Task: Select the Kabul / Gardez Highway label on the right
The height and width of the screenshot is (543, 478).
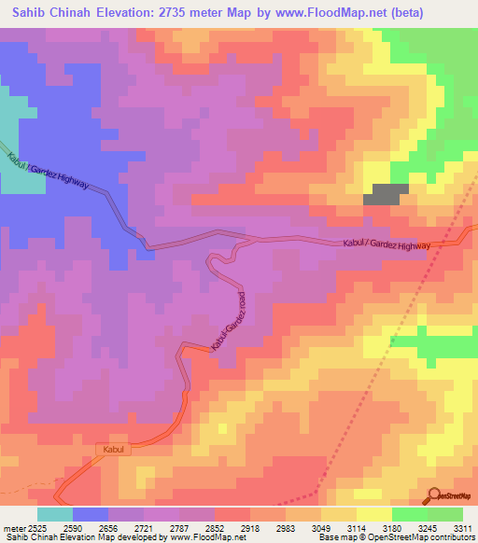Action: tap(387, 244)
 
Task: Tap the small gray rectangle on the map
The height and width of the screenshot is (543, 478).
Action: tap(386, 193)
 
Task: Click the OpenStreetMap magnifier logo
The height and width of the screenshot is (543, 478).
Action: tap(436, 496)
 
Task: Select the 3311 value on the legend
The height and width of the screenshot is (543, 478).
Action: tap(464, 529)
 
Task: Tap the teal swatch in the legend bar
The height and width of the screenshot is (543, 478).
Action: tap(55, 514)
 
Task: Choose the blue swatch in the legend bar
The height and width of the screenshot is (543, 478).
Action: tap(91, 514)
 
